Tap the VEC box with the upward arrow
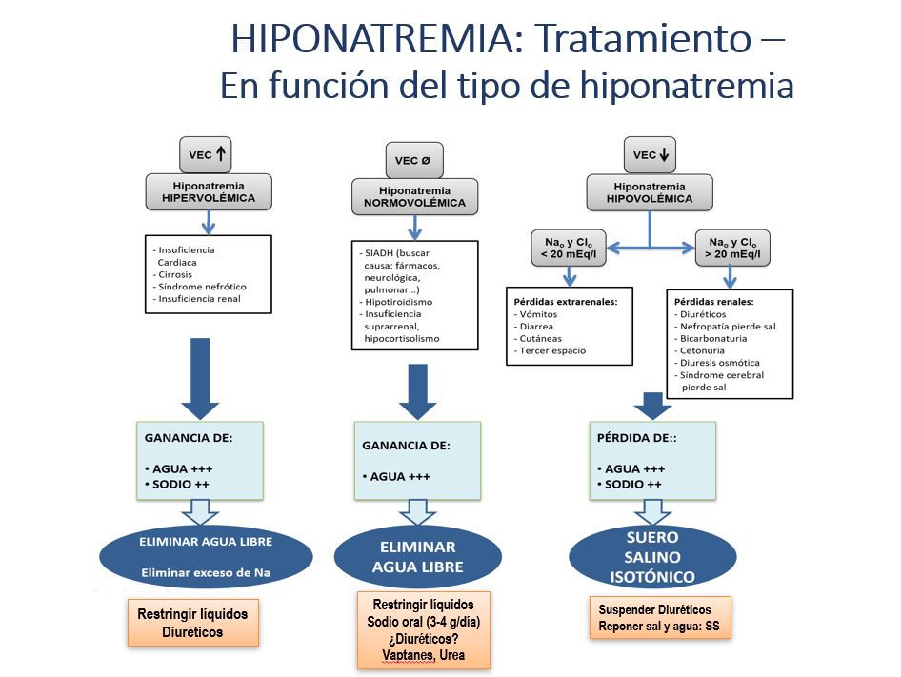pyautogui.click(x=206, y=153)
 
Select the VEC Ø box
pyautogui.click(x=412, y=160)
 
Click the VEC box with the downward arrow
pyautogui.click(x=651, y=153)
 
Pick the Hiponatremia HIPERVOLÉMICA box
pyautogui.click(x=208, y=192)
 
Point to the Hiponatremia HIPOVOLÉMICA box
pyautogui.click(x=651, y=192)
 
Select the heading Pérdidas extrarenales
pyautogui.click(x=566, y=301)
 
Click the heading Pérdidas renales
pyautogui.click(x=714, y=301)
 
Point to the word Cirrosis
pyautogui.click(x=175, y=274)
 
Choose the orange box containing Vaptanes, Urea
pyautogui.click(x=423, y=630)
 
